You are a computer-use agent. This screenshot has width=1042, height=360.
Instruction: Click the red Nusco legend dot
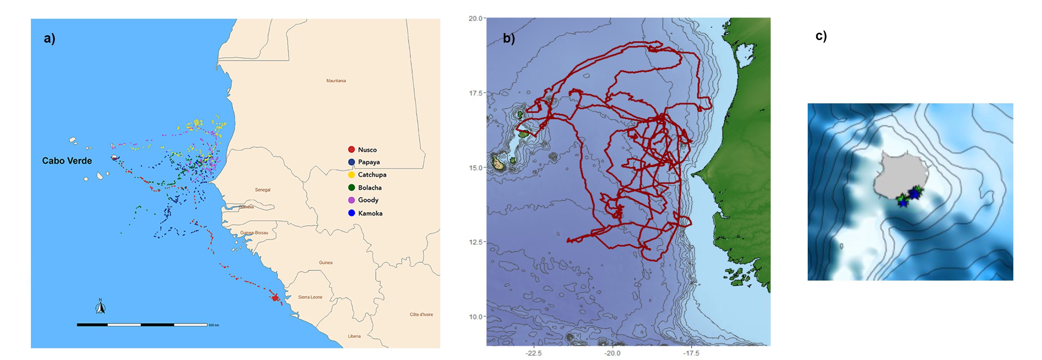[351, 150]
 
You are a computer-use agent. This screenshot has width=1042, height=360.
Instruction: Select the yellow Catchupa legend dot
[351, 175]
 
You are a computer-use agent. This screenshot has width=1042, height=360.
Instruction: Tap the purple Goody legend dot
[351, 200]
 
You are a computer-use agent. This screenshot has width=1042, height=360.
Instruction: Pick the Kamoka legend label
[370, 213]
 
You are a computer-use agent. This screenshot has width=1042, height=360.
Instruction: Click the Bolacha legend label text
[370, 188]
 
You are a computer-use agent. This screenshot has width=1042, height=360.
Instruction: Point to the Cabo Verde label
[67, 161]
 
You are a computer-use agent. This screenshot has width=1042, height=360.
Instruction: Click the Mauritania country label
[336, 81]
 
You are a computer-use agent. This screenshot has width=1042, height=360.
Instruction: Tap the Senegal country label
[263, 190]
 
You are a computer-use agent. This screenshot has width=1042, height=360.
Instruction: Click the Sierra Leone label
[310, 297]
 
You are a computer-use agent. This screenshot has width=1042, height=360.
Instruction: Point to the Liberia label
[354, 336]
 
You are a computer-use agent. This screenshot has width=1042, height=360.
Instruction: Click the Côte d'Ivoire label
[421, 314]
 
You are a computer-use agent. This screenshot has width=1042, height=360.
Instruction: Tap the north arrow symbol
[100, 307]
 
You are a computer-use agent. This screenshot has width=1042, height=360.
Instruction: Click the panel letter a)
[49, 38]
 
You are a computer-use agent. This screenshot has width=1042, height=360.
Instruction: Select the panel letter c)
[821, 36]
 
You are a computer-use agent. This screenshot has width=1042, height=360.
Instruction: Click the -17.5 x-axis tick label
[691, 353]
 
